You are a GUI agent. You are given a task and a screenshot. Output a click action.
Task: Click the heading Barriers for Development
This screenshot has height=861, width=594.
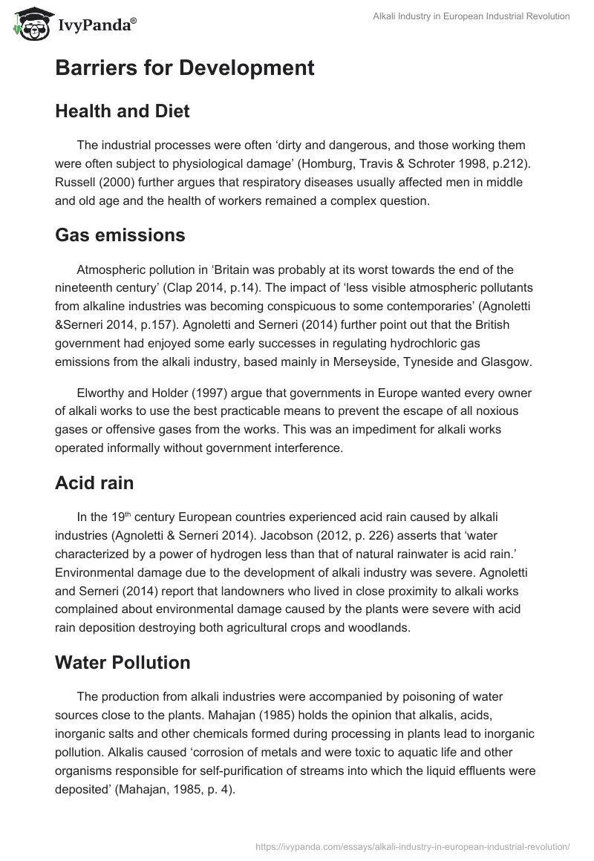coord(184,68)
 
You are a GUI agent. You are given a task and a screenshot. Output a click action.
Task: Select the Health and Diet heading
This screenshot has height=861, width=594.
coord(123,111)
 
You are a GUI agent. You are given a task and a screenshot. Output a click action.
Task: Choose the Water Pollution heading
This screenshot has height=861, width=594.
coord(123,662)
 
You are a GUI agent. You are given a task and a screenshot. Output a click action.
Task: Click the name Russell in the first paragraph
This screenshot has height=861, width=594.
coord(76,183)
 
